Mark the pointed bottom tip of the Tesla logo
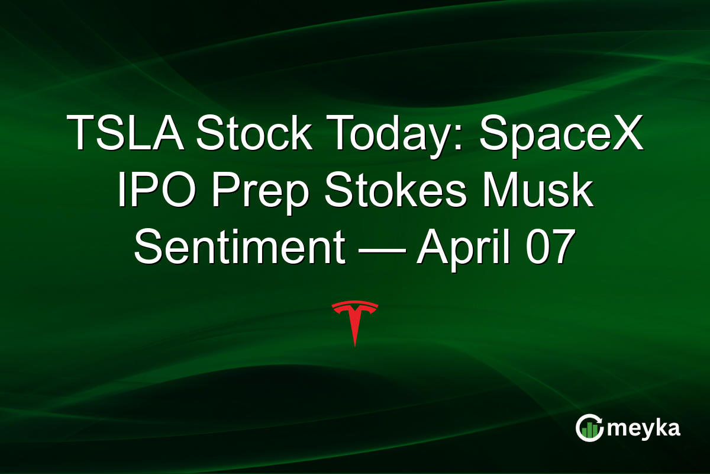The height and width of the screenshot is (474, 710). coord(355,345)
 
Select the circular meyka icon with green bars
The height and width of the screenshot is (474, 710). coord(589,428)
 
